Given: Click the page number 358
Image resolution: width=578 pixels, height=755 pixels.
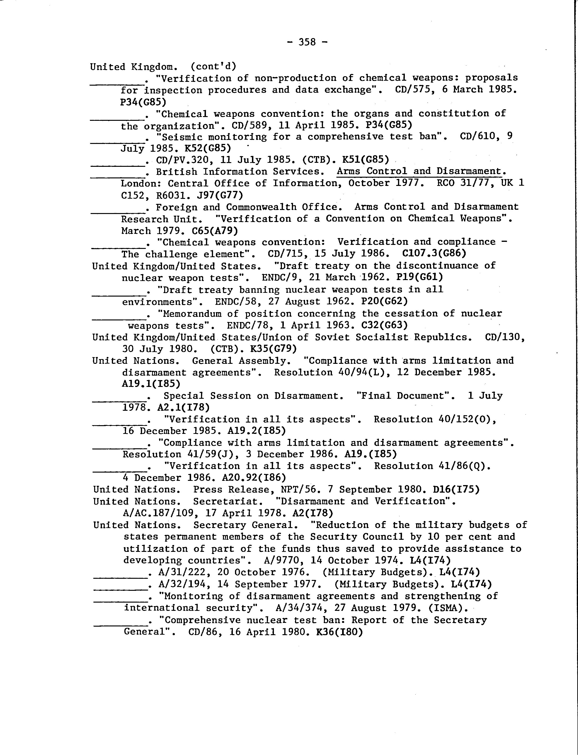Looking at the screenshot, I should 307,42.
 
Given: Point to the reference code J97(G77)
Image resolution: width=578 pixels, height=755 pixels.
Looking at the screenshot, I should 220,195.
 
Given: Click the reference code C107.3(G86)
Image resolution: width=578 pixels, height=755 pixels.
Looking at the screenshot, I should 434,254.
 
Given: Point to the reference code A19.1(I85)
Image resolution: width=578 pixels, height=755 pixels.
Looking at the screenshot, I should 151,383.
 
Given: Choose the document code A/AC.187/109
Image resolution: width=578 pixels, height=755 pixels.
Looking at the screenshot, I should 160,513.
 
